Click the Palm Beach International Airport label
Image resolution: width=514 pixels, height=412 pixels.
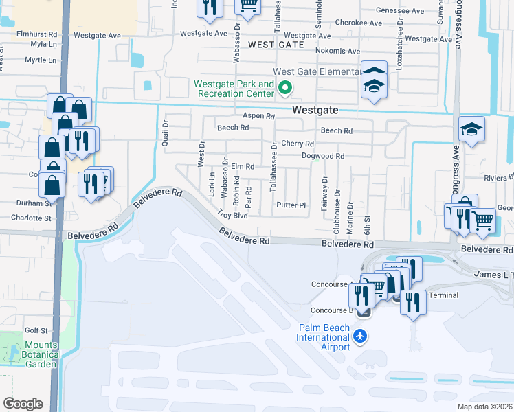click(323, 337)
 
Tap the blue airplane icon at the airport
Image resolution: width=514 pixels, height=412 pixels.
click(359, 336)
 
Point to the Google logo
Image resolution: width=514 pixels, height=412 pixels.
click(23, 404)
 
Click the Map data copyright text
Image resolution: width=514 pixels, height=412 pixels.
click(485, 407)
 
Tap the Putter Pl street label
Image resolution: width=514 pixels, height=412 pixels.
click(291, 205)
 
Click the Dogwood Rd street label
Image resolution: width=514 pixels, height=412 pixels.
click(323, 156)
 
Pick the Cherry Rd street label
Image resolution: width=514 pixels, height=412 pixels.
click(298, 144)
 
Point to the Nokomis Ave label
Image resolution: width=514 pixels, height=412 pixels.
click(337, 51)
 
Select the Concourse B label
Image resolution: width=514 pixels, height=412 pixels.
click(331, 310)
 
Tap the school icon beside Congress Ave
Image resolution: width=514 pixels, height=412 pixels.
click(471, 129)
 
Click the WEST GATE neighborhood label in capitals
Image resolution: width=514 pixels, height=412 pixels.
click(275, 45)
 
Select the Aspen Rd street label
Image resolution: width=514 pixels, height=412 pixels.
click(258, 116)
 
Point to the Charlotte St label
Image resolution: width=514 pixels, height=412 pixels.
click(31, 218)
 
